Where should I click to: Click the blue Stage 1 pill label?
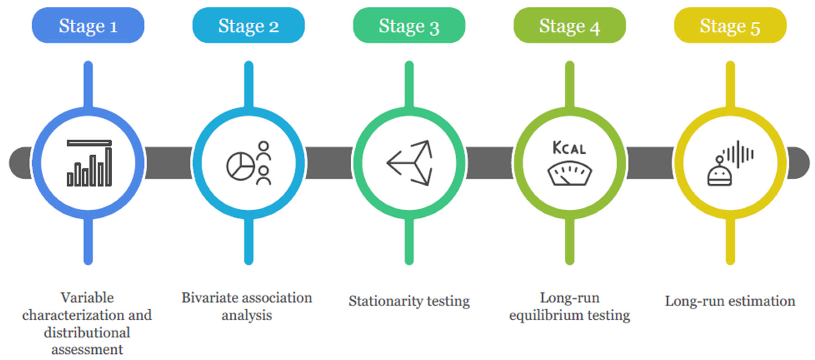(x=88, y=25)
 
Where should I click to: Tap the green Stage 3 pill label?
(x=409, y=25)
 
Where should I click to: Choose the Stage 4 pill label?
(x=569, y=25)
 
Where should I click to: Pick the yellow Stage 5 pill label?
(x=730, y=25)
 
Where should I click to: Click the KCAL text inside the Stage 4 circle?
(x=569, y=148)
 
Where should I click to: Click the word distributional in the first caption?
(x=87, y=332)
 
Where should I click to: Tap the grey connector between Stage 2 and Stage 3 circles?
(x=328, y=163)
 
